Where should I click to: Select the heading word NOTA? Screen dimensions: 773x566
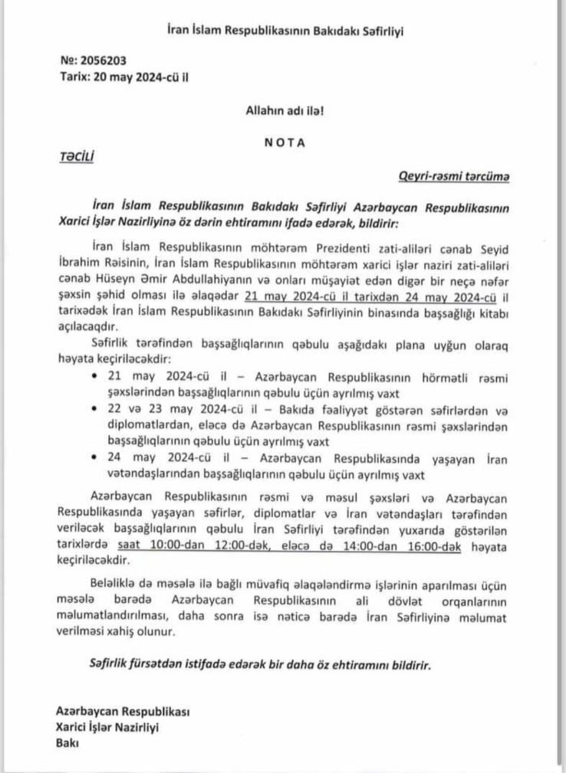[x=285, y=142]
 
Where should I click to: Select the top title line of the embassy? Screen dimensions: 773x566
[x=285, y=31]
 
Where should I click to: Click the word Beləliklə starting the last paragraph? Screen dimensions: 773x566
[x=117, y=585]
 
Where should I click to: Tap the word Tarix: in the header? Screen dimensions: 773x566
[x=74, y=76]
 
